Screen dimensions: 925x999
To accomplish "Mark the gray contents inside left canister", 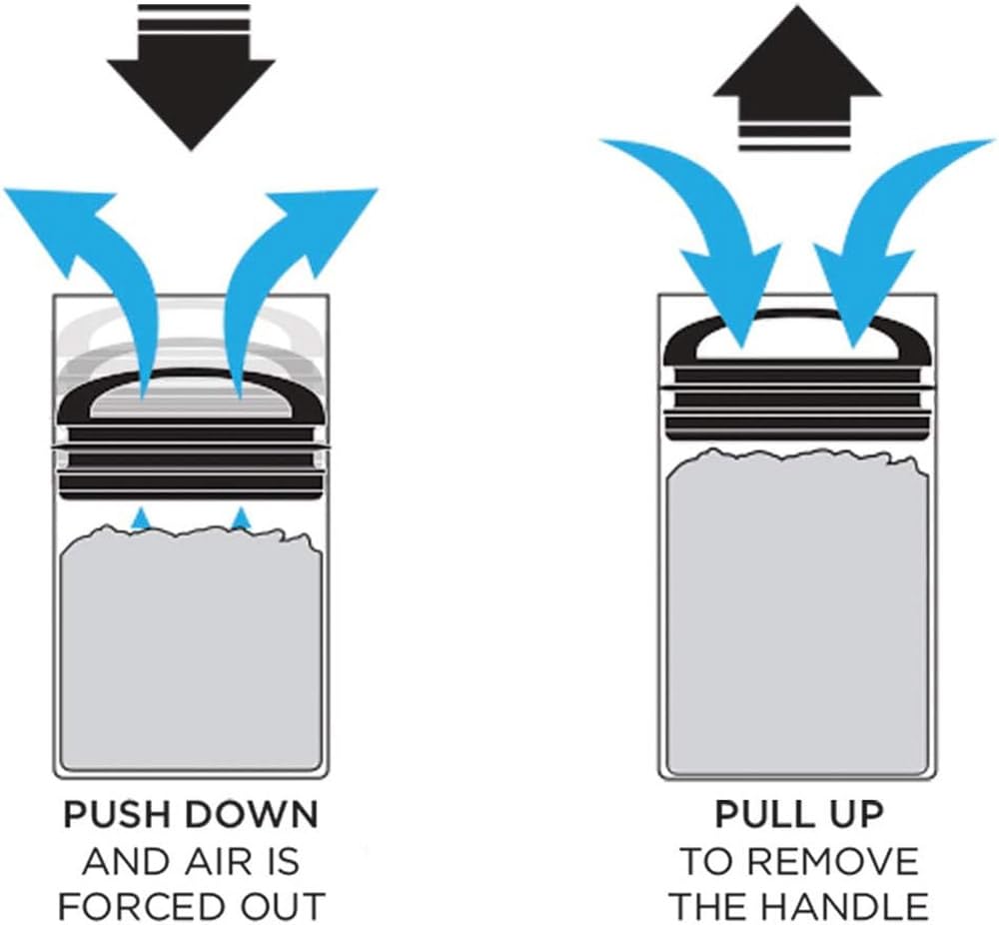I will coord(190,649).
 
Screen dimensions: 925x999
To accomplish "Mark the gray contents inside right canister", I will coord(796,619).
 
